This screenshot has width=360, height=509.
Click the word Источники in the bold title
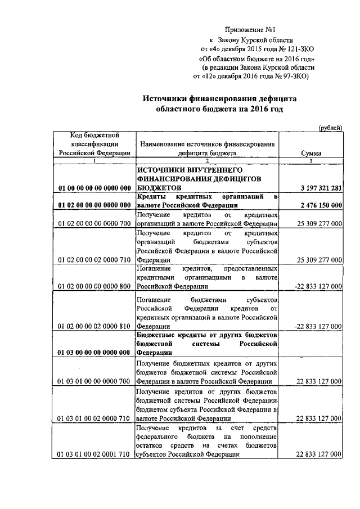168,98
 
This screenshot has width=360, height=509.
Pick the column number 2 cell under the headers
207,161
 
